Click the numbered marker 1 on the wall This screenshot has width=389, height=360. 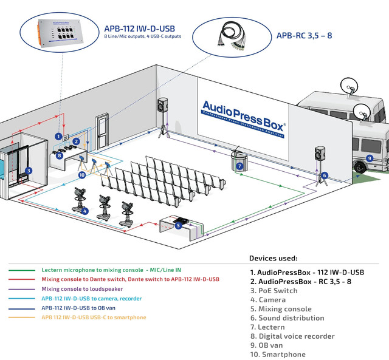tap(58, 136)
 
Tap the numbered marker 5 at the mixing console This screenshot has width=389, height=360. tap(178, 225)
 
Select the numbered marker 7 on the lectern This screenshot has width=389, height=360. tap(239, 166)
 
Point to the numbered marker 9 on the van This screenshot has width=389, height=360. tap(370, 158)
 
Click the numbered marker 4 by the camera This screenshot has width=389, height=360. tap(85, 211)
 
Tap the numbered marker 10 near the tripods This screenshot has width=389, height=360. tap(82, 175)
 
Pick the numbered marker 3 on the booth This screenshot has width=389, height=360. tap(29, 171)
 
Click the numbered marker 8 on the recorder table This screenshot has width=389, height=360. tap(59, 155)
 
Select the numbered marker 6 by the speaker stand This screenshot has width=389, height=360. tap(324, 175)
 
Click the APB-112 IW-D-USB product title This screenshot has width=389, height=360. tap(139, 29)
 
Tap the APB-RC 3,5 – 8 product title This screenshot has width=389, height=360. tap(304, 36)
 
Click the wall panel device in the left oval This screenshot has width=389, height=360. tap(60, 33)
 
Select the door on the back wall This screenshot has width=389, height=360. tap(102, 131)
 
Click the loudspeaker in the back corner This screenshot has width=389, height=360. tap(162, 105)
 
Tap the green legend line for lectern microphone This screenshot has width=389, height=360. tap(22, 270)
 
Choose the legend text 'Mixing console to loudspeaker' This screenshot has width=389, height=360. tap(82, 289)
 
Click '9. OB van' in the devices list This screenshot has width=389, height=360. tap(266, 345)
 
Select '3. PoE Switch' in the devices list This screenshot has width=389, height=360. tap(274, 291)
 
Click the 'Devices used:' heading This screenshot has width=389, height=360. tap(273, 258)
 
